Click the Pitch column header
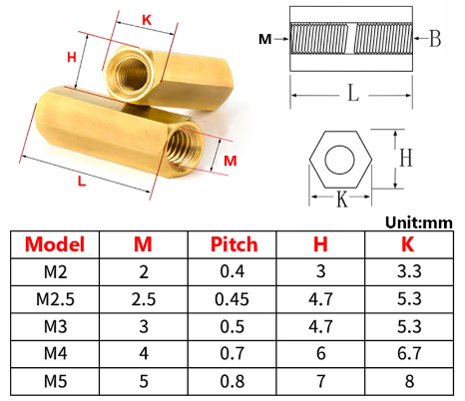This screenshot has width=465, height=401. (x=233, y=244)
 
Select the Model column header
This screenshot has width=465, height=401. (x=55, y=244)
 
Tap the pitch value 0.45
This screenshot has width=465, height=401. (x=232, y=299)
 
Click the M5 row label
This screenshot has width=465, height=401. (x=55, y=381)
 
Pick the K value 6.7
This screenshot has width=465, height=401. (x=409, y=353)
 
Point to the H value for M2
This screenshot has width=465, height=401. (x=320, y=271)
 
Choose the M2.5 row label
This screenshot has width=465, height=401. (x=55, y=299)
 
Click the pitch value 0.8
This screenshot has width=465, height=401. (x=232, y=381)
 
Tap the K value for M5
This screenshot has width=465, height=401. (x=409, y=381)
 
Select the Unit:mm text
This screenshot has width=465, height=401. (x=419, y=222)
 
